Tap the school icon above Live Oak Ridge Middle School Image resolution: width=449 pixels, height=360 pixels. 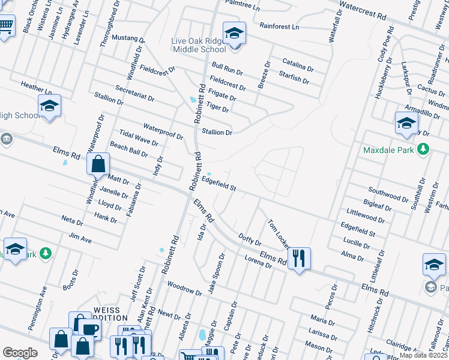coord(235,33)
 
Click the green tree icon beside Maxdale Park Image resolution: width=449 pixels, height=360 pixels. coord(423,149)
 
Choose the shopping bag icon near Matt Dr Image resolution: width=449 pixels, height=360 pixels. coord(98,163)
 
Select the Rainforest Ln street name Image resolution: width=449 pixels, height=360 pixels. coord(279,26)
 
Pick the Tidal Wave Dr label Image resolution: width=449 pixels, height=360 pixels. coord(139,139)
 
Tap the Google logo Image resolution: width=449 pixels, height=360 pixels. coord(20,352)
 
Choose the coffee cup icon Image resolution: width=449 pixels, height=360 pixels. coord(91,329)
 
